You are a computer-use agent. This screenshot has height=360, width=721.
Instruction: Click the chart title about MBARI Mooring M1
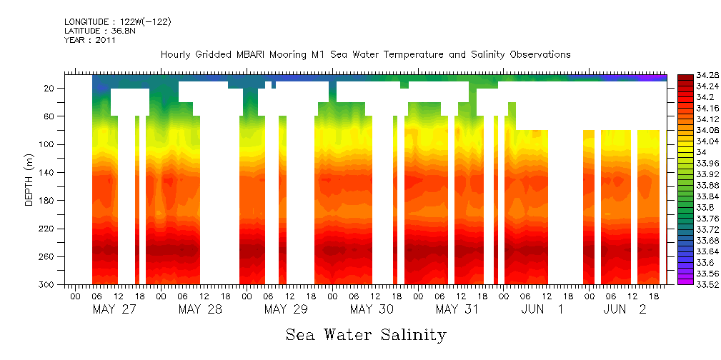[365, 54]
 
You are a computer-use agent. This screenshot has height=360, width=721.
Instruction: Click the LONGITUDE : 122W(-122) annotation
[117, 22]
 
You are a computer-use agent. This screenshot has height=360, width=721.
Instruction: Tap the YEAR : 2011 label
[90, 40]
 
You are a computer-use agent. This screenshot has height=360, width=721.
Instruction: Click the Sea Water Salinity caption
[366, 334]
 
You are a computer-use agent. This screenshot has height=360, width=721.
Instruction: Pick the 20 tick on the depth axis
[50, 89]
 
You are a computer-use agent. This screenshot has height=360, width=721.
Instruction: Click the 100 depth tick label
[48, 144]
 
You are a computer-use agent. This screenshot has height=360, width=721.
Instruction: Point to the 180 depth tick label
[48, 201]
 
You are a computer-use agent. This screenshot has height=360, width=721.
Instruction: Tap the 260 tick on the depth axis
[48, 256]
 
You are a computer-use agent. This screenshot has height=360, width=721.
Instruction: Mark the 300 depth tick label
[48, 284]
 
